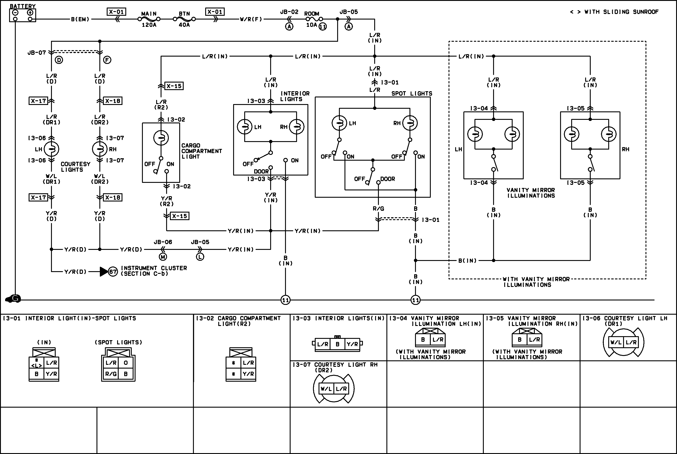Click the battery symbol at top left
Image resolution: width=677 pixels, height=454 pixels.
[x=23, y=15]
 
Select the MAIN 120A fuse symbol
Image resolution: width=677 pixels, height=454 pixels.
[x=149, y=19]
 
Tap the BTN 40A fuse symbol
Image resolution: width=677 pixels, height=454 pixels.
[x=184, y=19]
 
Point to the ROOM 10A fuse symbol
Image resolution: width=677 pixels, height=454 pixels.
[x=314, y=19]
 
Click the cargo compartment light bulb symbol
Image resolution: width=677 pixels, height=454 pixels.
[x=161, y=138]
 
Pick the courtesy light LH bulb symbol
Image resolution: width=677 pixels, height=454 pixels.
[x=51, y=149]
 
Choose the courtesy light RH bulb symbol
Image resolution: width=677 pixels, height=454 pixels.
[x=100, y=149]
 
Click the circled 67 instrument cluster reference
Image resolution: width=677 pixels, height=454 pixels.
[x=113, y=272]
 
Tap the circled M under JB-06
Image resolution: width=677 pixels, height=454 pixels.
[x=163, y=257]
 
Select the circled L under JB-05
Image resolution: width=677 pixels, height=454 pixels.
[x=200, y=257]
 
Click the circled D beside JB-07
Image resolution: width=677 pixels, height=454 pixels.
[x=59, y=60]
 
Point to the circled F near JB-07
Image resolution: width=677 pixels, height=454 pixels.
[x=107, y=60]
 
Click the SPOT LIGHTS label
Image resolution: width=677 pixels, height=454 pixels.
[x=411, y=93]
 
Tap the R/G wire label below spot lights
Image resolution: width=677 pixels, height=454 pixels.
[x=378, y=208]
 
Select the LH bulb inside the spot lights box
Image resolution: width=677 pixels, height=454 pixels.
[x=339, y=123]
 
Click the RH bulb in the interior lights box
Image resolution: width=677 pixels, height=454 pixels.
[x=296, y=127]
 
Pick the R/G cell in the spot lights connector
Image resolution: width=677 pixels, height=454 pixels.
[x=111, y=374]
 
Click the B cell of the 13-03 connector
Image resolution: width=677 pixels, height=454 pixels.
[x=337, y=344]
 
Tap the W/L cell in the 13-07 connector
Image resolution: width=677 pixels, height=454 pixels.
[x=326, y=389]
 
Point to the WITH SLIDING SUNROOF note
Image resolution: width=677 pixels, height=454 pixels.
[x=614, y=12]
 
